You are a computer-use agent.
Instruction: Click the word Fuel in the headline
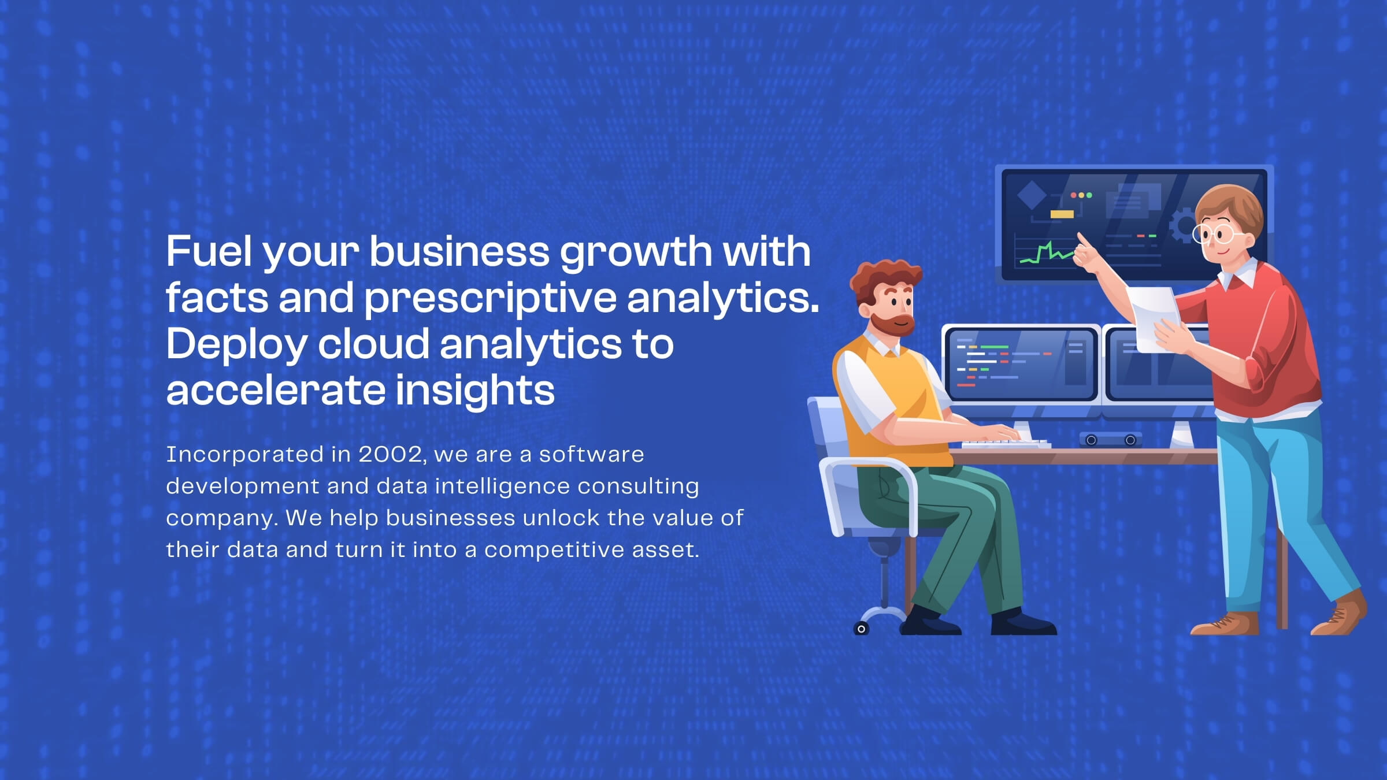tap(209, 251)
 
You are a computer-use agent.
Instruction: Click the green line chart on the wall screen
tap(1047, 253)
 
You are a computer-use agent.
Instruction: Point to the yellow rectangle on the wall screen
tap(1062, 214)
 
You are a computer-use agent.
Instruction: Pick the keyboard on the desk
tap(1006, 444)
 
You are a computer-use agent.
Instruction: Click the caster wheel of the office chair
tap(861, 629)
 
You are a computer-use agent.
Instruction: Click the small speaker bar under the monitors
tap(1111, 440)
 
